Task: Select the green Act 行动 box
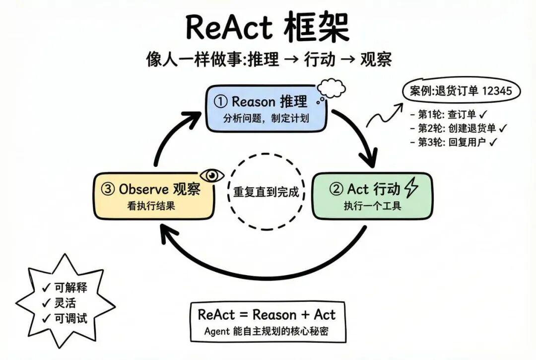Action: coord(372,195)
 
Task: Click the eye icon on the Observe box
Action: coord(212,175)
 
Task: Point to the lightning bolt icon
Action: coord(411,188)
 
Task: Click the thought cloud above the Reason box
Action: coord(331,89)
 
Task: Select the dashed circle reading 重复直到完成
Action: coord(266,192)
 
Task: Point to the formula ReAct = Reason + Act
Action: coord(267,314)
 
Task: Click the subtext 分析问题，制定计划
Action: coord(266,119)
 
